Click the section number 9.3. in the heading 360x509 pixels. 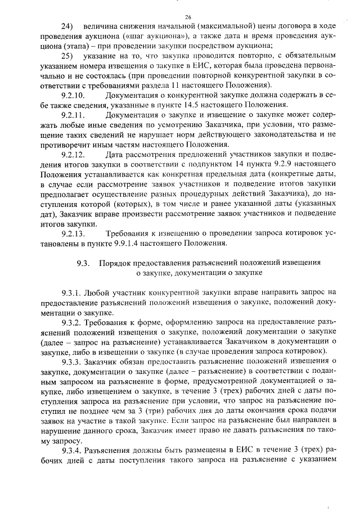point(83,263)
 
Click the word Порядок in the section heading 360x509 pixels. point(114,263)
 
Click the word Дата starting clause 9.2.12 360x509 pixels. point(115,154)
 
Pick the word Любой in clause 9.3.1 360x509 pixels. point(98,292)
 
